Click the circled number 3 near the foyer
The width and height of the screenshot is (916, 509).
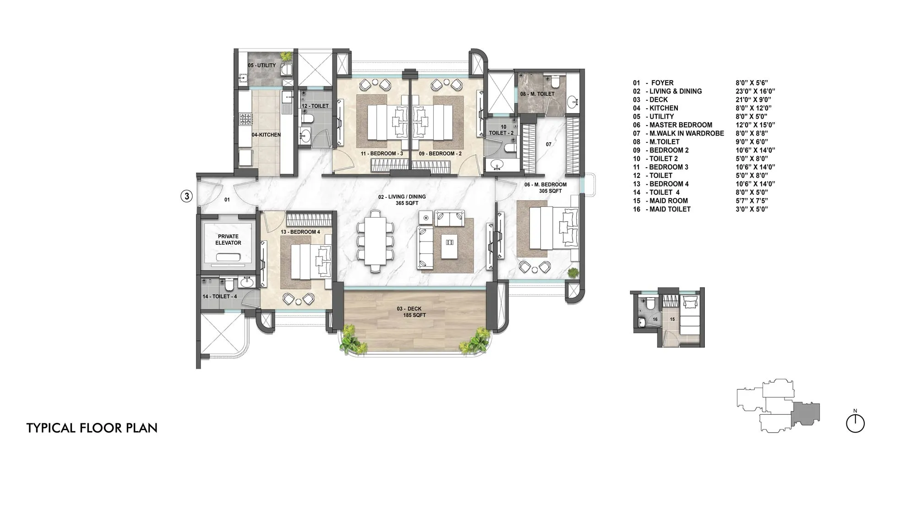tap(186, 196)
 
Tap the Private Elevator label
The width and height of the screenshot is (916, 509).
tap(228, 240)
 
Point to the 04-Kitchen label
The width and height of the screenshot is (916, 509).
tap(266, 135)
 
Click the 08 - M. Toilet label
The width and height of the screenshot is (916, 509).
tap(537, 94)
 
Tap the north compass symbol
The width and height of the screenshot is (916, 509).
tap(855, 422)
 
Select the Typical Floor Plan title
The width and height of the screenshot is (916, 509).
tap(92, 428)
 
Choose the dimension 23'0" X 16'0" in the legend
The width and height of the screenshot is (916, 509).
tap(755, 91)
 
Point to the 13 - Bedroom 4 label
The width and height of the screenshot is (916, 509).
tap(300, 232)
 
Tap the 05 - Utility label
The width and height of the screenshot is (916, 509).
tap(262, 66)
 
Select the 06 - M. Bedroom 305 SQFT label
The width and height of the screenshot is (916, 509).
tap(545, 188)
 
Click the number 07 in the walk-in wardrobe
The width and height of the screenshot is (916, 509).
tap(549, 144)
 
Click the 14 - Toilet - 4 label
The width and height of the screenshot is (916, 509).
tap(220, 296)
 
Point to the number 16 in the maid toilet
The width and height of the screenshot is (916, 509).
tap(655, 319)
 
